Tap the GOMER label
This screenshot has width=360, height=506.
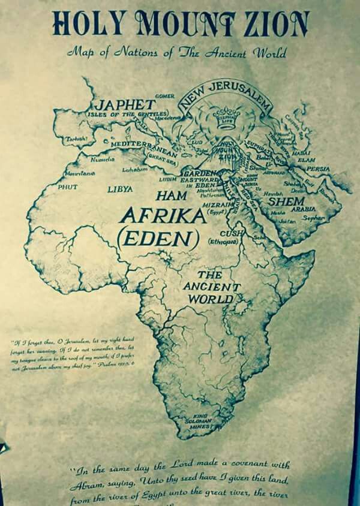pyautogui.click(x=164, y=96)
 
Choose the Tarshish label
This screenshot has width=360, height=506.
pyautogui.click(x=77, y=139)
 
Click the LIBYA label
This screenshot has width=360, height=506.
pyautogui.click(x=120, y=190)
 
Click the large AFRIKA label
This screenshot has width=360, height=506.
pyautogui.click(x=161, y=216)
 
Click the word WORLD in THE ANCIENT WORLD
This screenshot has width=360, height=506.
pyautogui.click(x=210, y=299)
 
